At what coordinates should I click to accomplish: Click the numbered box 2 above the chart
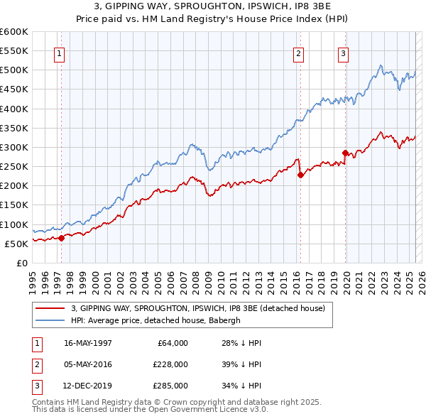point(298,53)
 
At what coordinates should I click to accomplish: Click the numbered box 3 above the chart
point(343,53)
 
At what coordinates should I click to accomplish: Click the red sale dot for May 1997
point(61,238)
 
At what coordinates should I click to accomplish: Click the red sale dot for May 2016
point(300,175)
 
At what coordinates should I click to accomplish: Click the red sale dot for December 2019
point(346,153)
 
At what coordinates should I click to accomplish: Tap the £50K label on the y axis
point(16,244)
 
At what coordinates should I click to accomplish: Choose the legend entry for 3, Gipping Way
point(198,308)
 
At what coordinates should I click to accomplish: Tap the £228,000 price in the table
point(170,364)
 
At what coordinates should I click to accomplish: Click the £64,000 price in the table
point(173,343)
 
